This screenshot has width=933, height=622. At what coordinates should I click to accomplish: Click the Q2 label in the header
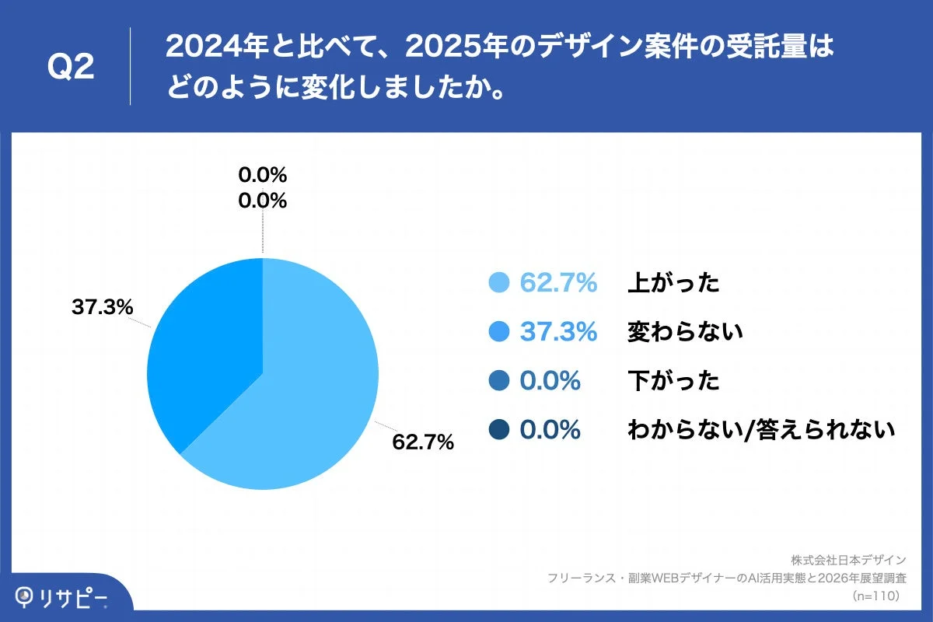pos(71,68)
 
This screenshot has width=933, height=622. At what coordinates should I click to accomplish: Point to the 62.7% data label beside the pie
pos(423,442)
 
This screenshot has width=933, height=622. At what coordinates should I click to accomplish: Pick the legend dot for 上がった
pos(499,283)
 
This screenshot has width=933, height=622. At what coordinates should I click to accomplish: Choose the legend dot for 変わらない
pos(499,332)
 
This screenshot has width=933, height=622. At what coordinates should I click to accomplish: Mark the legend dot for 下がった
pos(499,381)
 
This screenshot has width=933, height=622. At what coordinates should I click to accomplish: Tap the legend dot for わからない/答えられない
pos(499,429)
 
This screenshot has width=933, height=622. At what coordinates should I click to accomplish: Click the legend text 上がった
pos(673,283)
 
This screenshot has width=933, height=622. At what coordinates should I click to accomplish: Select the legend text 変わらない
pos(685,332)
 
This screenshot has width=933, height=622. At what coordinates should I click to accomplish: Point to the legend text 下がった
pos(673,381)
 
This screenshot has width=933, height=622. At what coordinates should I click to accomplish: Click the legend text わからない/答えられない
pos(761,429)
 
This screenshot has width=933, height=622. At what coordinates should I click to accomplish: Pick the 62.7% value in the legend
pos(558,283)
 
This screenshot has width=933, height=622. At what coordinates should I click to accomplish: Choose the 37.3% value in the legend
pos(558,332)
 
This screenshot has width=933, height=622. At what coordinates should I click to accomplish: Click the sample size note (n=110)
pos(875,596)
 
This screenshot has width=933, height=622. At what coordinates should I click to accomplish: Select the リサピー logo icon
pos(26,597)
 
